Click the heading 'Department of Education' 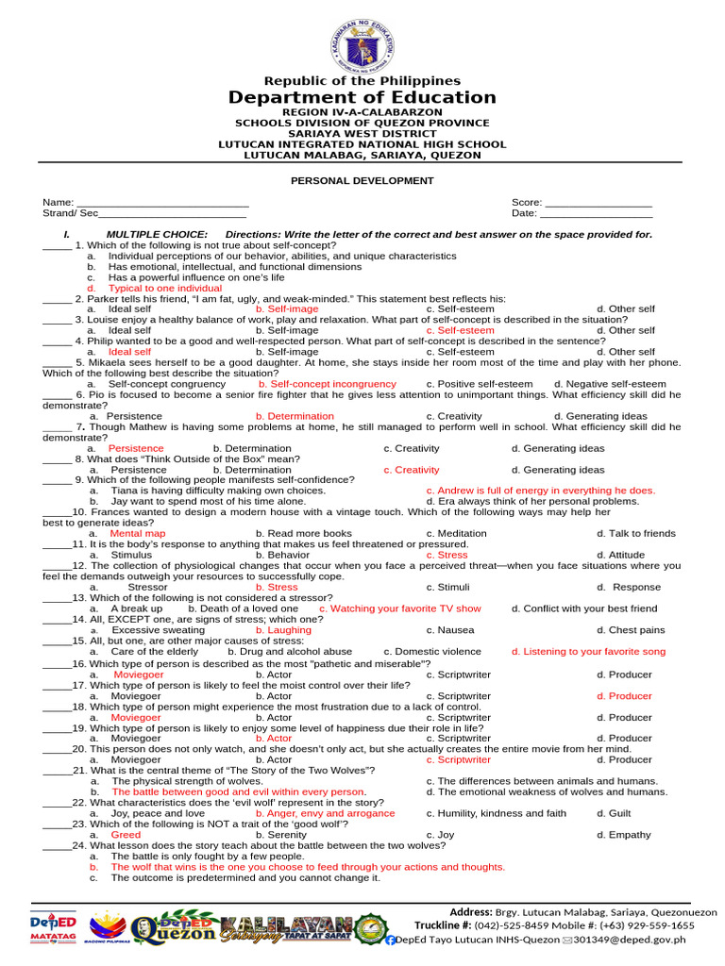click(362, 98)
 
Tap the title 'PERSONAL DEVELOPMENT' click(362, 180)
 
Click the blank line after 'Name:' click(162, 203)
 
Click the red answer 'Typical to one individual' click(165, 289)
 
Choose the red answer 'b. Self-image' click(287, 309)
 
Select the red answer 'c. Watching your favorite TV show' click(400, 608)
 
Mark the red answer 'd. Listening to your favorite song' click(588, 651)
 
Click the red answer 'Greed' click(126, 835)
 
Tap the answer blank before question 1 click(57, 245)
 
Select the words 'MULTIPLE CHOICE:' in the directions click(157, 234)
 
